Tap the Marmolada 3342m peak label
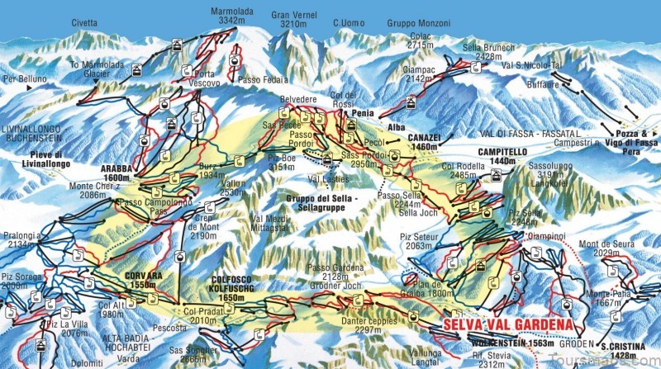tap(231, 18)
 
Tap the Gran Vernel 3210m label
tap(294, 19)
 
